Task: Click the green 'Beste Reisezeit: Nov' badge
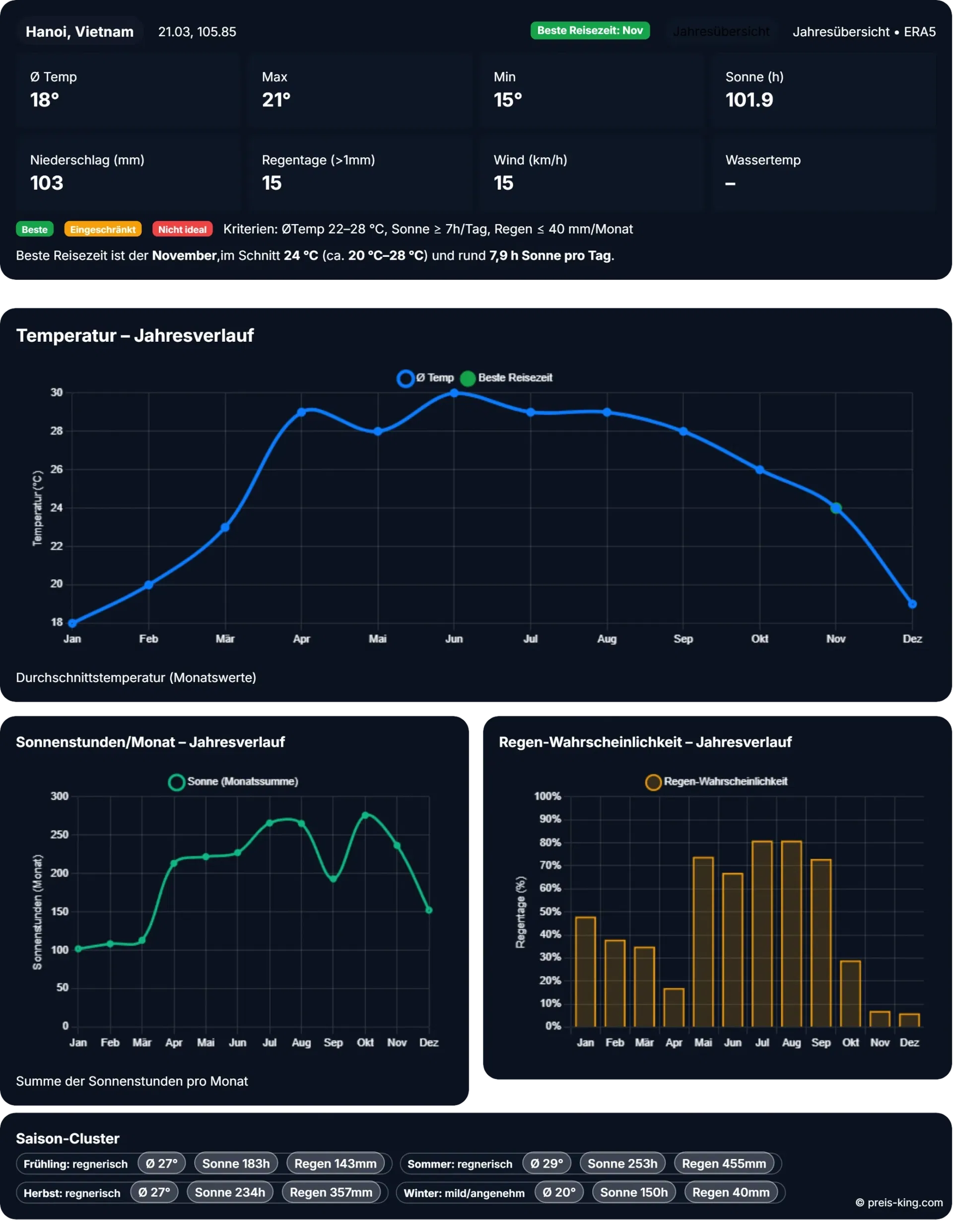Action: pyautogui.click(x=590, y=31)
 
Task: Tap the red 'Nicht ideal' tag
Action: pyautogui.click(x=182, y=229)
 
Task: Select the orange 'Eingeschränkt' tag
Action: pyautogui.click(x=103, y=229)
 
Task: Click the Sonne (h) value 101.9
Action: pyautogui.click(x=749, y=100)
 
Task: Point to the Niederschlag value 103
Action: pyautogui.click(x=47, y=183)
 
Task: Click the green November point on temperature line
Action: pyautogui.click(x=836, y=508)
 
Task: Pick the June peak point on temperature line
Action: pyautogui.click(x=454, y=393)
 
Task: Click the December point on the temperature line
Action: pyautogui.click(x=912, y=604)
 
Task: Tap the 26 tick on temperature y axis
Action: pyautogui.click(x=57, y=469)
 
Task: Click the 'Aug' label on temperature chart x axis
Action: pyautogui.click(x=607, y=638)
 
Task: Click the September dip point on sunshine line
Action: pyautogui.click(x=333, y=879)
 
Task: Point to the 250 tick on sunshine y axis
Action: pyautogui.click(x=60, y=835)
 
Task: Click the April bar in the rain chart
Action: pyautogui.click(x=674, y=1008)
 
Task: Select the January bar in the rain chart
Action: pyautogui.click(x=585, y=972)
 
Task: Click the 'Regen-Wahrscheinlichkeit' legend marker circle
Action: pyautogui.click(x=653, y=782)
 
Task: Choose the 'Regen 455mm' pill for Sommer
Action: pyautogui.click(x=724, y=1163)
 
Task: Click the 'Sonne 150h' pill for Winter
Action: pyautogui.click(x=634, y=1193)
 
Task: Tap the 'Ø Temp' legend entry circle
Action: pyautogui.click(x=405, y=378)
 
